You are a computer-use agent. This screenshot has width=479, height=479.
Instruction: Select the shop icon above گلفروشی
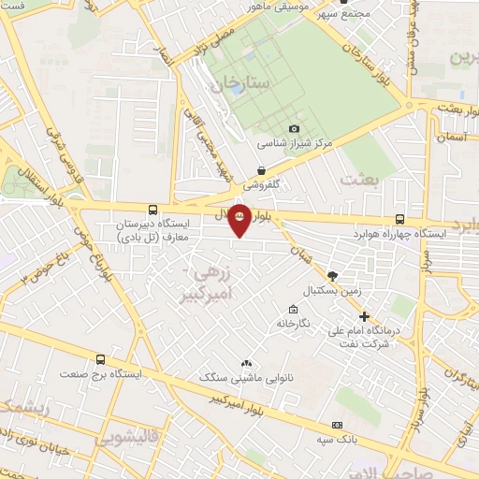coord(261,169)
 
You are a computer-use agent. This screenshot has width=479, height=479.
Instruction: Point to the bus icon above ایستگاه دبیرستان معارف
coord(152,210)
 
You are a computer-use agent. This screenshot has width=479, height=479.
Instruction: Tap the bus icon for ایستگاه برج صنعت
coord(100,360)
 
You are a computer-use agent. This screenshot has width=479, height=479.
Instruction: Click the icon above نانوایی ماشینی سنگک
coord(246,363)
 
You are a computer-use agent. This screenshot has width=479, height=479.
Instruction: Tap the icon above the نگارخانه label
coord(294,310)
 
